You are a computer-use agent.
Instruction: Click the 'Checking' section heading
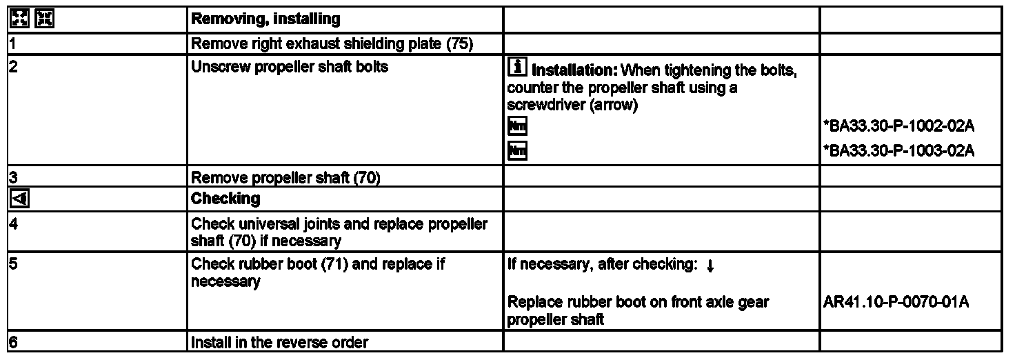click(225, 199)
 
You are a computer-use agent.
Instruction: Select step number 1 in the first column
click(12, 44)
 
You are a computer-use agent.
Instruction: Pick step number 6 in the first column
click(12, 342)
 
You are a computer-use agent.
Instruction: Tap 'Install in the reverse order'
click(279, 342)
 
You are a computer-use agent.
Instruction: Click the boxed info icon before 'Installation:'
click(515, 68)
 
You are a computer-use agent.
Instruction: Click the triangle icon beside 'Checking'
click(17, 199)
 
